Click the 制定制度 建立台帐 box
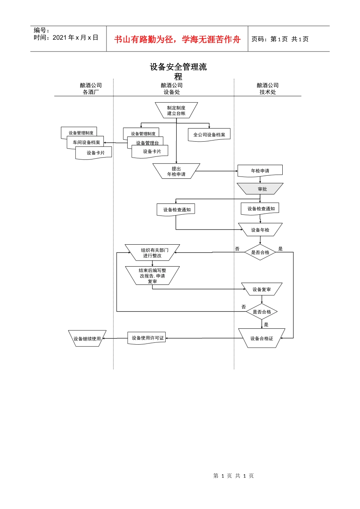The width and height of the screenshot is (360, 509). (176, 110)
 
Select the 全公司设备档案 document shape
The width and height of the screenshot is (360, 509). (209, 135)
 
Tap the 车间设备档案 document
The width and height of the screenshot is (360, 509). (85, 142)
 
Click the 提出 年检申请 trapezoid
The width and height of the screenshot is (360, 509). (176, 171)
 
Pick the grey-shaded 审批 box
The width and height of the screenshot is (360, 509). (260, 189)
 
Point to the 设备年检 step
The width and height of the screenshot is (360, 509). (260, 230)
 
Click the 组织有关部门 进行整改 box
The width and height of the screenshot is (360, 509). (152, 253)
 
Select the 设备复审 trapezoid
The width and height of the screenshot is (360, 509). (262, 289)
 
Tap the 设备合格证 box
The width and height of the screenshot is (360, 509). (262, 338)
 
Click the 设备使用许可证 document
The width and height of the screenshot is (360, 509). (146, 338)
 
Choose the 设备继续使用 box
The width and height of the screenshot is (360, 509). (87, 338)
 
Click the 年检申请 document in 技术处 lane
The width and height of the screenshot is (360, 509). (260, 171)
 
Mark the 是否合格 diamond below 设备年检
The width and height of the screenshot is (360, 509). (260, 252)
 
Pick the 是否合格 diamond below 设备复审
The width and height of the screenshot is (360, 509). (262, 312)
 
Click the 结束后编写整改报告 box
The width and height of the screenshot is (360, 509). (152, 276)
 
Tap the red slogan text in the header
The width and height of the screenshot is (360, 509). (177, 39)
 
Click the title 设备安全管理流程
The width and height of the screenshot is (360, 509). (178, 72)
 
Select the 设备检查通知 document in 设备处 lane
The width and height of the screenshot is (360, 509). (176, 209)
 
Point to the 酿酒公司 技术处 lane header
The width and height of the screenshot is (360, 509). (268, 89)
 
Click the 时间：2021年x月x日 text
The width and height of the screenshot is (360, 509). (66, 37)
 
